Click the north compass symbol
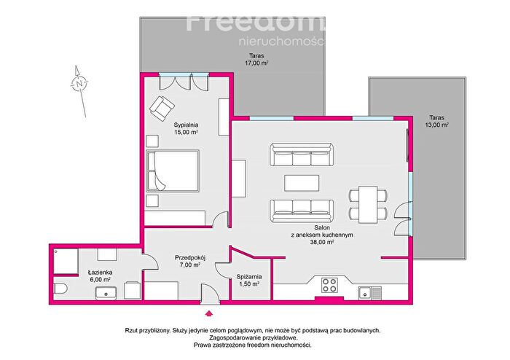[79, 84]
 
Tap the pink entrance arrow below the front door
[209, 313]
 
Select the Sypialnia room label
[186, 125]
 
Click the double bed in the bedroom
[173, 171]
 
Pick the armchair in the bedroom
[162, 109]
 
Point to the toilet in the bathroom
[60, 288]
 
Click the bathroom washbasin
[106, 294]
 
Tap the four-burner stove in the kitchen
[329, 285]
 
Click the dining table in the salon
[368, 204]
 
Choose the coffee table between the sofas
[302, 183]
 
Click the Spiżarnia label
[249, 277]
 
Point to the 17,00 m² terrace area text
[256, 63]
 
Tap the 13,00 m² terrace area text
[437, 125]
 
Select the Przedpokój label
[190, 258]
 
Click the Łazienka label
[101, 273]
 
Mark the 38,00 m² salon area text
[322, 242]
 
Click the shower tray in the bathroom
[66, 262]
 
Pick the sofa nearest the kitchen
[302, 211]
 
